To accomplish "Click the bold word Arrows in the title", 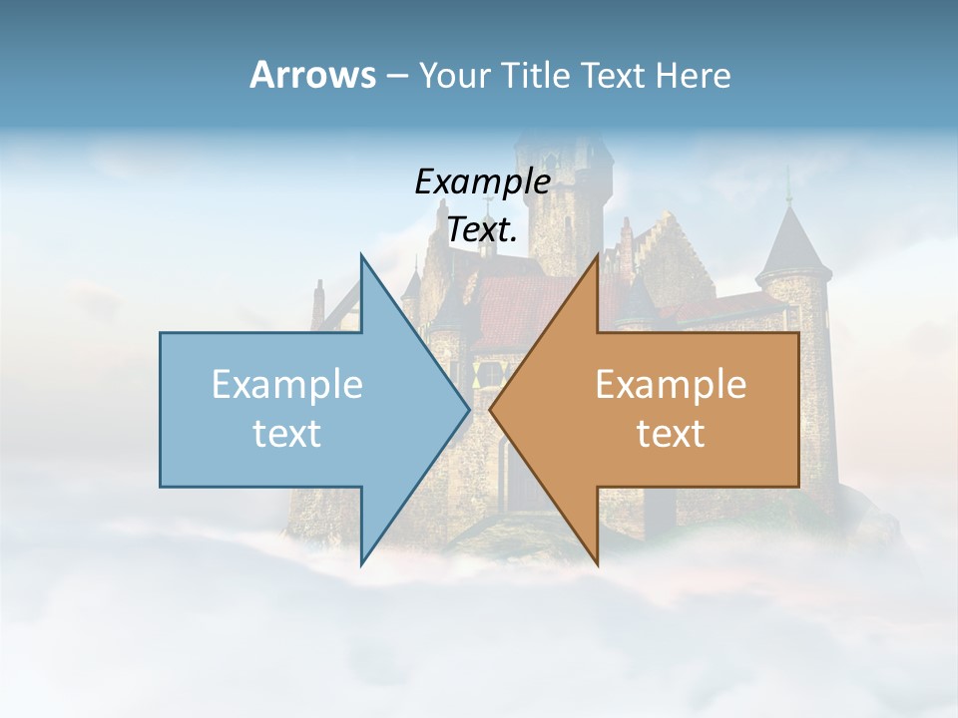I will pyautogui.click(x=313, y=75).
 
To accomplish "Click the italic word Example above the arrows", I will pyautogui.click(x=482, y=182).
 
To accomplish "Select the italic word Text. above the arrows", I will pyautogui.click(x=482, y=230).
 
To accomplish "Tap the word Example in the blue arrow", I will pyautogui.click(x=287, y=385).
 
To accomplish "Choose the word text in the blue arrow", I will pyautogui.click(x=287, y=434).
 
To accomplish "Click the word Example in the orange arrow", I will pyautogui.click(x=671, y=385).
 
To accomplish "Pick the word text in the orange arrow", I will pyautogui.click(x=671, y=434).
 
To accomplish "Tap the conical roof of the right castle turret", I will pyautogui.click(x=793, y=244).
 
